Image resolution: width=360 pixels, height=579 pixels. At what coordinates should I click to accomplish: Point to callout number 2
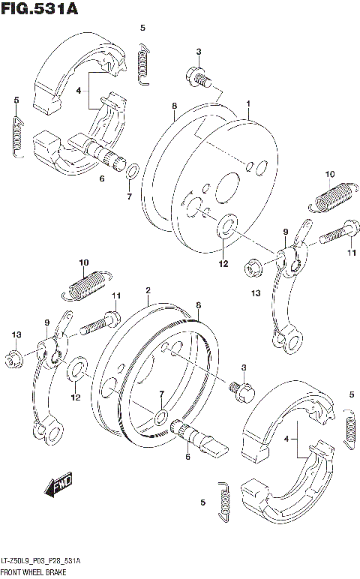[x=148, y=290]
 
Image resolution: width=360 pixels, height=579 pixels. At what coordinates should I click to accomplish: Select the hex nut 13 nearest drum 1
[x=253, y=265]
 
